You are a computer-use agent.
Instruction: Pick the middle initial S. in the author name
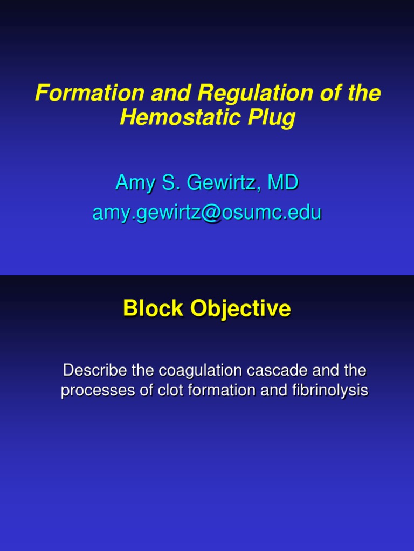pyautogui.click(x=170, y=183)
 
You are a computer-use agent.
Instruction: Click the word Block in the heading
pyautogui.click(x=149, y=309)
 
